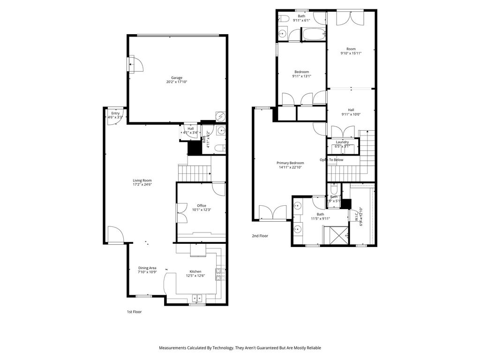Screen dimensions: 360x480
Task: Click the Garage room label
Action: pyautogui.click(x=177, y=78)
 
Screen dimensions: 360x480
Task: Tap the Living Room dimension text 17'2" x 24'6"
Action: pyautogui.click(x=142, y=185)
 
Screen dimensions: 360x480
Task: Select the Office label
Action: pyautogui.click(x=202, y=205)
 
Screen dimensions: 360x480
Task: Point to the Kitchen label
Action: pyautogui.click(x=195, y=271)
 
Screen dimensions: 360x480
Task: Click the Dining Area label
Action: pyautogui.click(x=147, y=268)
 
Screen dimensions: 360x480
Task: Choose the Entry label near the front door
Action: pyautogui.click(x=115, y=113)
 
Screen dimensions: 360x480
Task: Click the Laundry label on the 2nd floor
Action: pyautogui.click(x=342, y=142)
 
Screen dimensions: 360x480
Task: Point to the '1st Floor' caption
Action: pyautogui.click(x=134, y=312)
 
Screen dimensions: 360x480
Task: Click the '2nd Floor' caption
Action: pyautogui.click(x=260, y=236)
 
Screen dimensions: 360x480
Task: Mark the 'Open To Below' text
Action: pyautogui.click(x=331, y=160)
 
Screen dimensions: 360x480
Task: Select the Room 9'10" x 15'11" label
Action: pyautogui.click(x=351, y=49)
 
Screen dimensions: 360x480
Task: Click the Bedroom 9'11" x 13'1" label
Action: pyautogui.click(x=301, y=72)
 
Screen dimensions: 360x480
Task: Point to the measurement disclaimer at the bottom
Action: pyautogui.click(x=240, y=348)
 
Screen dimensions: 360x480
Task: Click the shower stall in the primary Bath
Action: pyautogui.click(x=336, y=234)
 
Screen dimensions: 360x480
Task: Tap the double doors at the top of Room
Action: pyautogui.click(x=350, y=17)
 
